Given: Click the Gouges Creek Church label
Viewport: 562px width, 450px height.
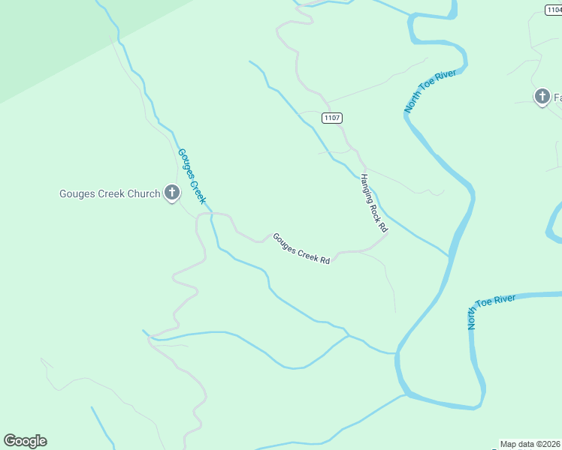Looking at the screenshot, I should pyautogui.click(x=110, y=194).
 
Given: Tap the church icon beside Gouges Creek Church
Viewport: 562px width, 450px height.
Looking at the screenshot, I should pyautogui.click(x=171, y=193).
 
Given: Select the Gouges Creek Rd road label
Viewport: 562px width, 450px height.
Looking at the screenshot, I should pyautogui.click(x=301, y=248).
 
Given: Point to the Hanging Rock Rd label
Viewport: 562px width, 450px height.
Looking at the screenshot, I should pyautogui.click(x=373, y=202).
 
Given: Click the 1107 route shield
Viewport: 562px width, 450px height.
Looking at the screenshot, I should pyautogui.click(x=331, y=118).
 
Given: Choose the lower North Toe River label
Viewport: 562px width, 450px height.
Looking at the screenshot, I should pyautogui.click(x=491, y=310).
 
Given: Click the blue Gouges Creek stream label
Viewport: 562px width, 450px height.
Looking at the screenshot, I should pyautogui.click(x=191, y=176).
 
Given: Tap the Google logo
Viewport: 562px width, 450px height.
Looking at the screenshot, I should pyautogui.click(x=25, y=441).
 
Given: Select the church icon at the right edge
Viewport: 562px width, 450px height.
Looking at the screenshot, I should pyautogui.click(x=542, y=97).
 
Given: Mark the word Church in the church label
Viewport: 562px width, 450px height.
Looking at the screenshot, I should pyautogui.click(x=144, y=194).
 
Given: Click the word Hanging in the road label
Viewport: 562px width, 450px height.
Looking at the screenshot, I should pyautogui.click(x=367, y=186).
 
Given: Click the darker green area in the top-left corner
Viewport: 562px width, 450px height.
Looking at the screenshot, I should pyautogui.click(x=45, y=37).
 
